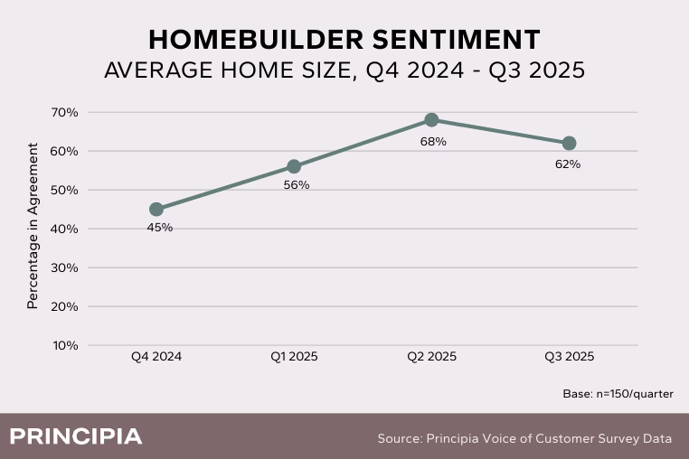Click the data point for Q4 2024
click(156, 209)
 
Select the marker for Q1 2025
click(294, 166)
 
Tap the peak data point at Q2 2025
click(431, 120)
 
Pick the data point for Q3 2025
click(569, 143)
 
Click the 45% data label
click(159, 228)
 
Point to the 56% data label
click(297, 185)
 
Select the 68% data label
click(433, 141)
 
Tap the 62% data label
click(568, 164)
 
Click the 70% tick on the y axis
click(65, 112)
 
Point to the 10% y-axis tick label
click(65, 345)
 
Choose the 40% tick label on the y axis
click(65, 229)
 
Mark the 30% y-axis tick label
click(65, 267)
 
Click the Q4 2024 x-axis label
click(156, 357)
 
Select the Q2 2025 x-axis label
click(431, 357)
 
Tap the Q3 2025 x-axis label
click(569, 357)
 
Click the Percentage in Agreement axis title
click(33, 226)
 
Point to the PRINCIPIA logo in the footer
click(76, 437)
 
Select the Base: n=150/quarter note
click(618, 394)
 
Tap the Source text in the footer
click(524, 438)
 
